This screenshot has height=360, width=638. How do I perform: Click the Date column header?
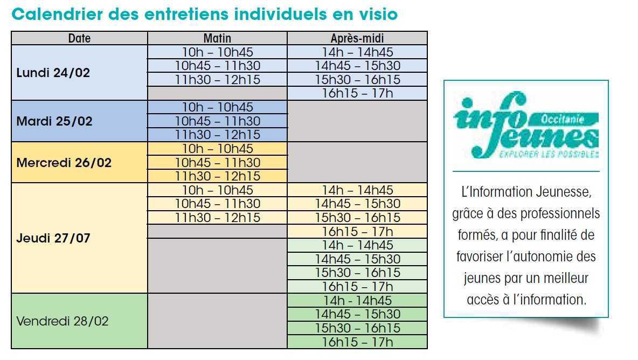pos(79,38)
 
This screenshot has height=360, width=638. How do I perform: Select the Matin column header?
pos(217,38)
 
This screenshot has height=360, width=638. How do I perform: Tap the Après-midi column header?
pos(357,38)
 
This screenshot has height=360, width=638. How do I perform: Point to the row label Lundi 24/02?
pos(53,73)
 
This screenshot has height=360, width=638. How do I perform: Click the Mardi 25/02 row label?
pos(54,121)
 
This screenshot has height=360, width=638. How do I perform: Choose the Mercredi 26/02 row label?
pos(64,162)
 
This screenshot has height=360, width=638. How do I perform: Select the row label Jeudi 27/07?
pos(53,238)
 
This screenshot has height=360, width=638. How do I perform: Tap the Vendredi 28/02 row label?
pos(63,322)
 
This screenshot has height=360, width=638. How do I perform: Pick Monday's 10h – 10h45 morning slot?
pos(217,52)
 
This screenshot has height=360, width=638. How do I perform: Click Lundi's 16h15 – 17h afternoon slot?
pos(357,93)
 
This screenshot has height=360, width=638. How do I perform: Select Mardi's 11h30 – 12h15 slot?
pos(217,135)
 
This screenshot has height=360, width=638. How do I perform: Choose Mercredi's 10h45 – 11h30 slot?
pos(217,162)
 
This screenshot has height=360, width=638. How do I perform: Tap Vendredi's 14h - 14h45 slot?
pos(357,300)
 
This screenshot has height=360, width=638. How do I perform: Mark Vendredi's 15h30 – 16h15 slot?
pos(357,328)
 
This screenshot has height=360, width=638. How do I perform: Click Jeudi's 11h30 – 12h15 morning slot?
pos(217,218)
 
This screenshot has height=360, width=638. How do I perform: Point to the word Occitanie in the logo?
pos(562,120)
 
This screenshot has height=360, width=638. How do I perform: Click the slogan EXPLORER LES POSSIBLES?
pos(549,154)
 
